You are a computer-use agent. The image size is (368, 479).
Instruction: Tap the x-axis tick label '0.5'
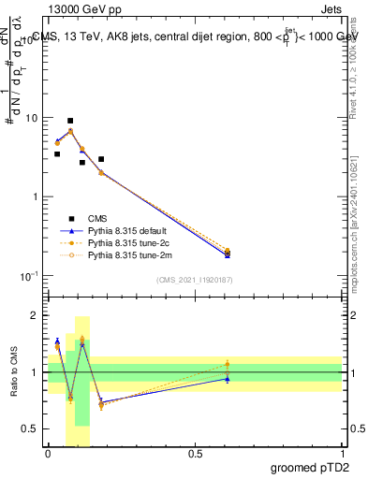click(x=195, y=454)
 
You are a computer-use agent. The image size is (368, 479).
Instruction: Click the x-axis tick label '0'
click(x=48, y=454)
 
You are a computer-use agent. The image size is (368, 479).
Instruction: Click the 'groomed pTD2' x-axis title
click(x=311, y=468)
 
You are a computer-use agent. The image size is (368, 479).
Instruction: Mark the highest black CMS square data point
click(x=70, y=121)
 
